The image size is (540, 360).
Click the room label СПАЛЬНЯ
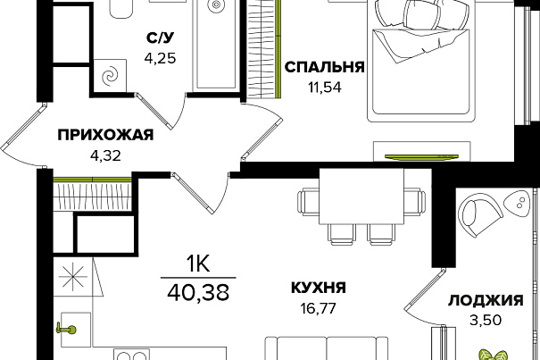(x=324, y=67)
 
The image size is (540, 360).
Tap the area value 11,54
(x=325, y=88)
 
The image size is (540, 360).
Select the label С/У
(x=160, y=38)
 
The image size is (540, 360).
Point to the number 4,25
(x=160, y=58)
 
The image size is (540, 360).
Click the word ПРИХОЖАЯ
(x=105, y=135)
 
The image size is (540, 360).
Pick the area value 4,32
(x=105, y=155)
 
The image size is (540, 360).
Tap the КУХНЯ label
(x=319, y=288)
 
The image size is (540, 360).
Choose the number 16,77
(x=319, y=308)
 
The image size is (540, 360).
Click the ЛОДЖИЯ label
(x=486, y=300)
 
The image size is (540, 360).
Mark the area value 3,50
(x=486, y=321)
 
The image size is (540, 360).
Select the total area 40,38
(x=198, y=293)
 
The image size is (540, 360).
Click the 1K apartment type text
(x=198, y=265)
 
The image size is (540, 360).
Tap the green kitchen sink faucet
(x=67, y=330)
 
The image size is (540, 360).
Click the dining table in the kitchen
(x=361, y=197)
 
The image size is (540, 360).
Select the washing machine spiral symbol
(x=111, y=76)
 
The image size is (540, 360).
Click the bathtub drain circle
(x=216, y=4)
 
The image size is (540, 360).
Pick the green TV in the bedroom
(x=421, y=157)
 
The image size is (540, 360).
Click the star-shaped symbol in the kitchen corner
(x=72, y=277)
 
